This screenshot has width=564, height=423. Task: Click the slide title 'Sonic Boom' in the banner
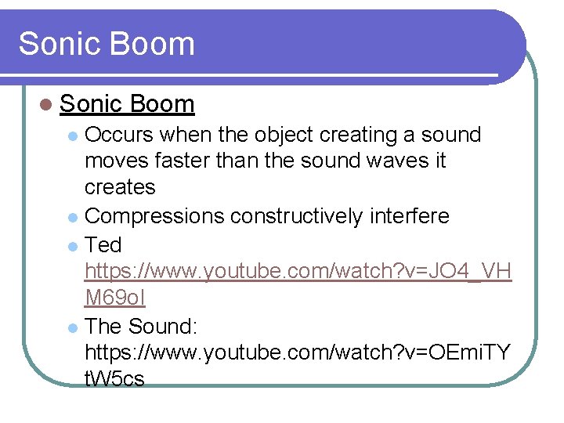[107, 43]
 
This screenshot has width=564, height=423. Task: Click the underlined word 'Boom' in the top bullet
[162, 103]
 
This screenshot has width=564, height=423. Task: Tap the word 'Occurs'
[119, 135]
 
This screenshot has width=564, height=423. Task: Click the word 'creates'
[120, 188]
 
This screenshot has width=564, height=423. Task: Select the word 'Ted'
[103, 244]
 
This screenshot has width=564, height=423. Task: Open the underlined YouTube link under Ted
[298, 271]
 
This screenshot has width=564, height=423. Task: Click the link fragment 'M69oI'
[115, 298]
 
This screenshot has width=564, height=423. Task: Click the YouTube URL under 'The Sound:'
[298, 352]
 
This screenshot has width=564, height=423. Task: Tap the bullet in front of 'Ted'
[72, 246]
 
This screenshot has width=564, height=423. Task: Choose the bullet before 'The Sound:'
[72, 327]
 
